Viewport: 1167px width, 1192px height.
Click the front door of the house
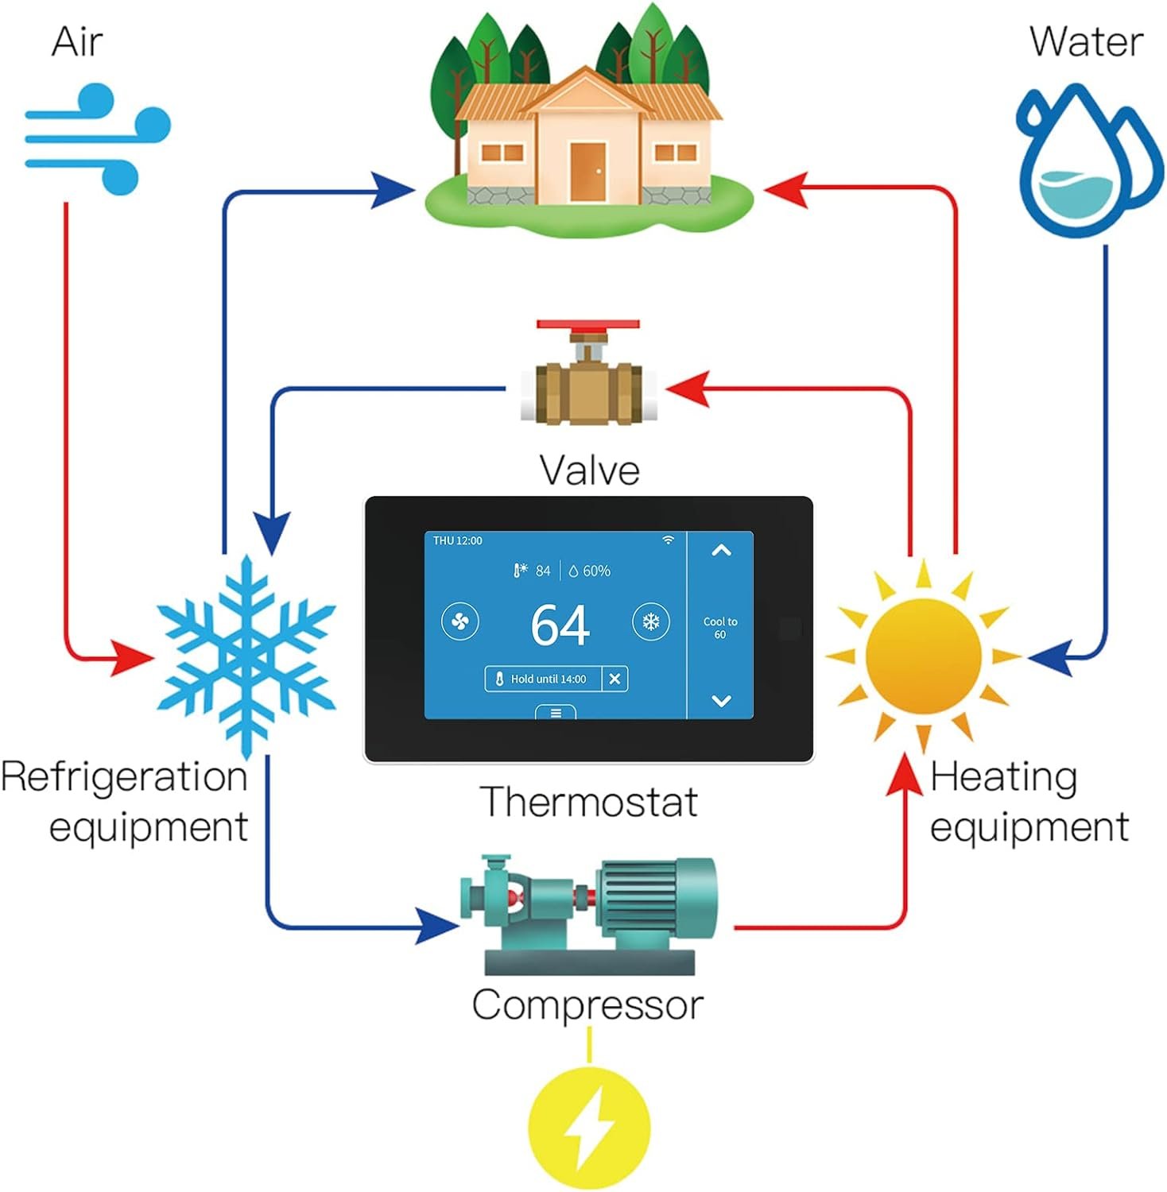click(587, 171)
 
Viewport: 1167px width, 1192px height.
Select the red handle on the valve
click(587, 324)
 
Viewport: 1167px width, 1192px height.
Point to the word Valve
click(589, 470)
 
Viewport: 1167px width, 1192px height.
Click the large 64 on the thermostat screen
click(560, 625)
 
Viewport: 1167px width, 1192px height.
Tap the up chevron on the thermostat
click(721, 550)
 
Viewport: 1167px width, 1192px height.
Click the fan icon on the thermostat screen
click(460, 621)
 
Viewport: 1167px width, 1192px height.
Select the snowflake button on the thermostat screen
click(651, 621)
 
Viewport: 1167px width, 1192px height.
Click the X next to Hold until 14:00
click(615, 679)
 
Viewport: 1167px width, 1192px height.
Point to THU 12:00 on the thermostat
click(457, 540)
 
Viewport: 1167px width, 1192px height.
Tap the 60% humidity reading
click(590, 571)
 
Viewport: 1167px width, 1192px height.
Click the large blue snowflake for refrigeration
click(246, 656)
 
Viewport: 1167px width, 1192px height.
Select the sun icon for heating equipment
click(923, 656)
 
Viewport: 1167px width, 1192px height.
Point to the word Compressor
click(587, 1004)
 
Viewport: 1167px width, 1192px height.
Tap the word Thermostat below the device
click(589, 801)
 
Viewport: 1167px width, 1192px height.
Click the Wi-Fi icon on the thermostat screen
click(669, 540)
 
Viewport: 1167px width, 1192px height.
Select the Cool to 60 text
click(720, 628)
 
